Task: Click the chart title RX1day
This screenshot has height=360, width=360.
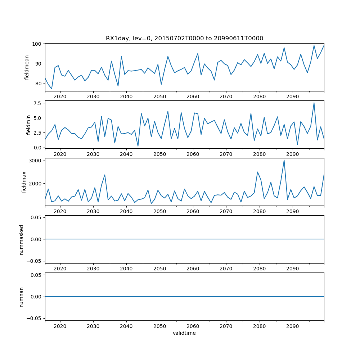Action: pos(184,39)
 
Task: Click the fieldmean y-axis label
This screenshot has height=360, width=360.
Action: pos(27,68)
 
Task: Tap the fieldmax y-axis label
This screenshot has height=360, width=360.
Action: pos(24,182)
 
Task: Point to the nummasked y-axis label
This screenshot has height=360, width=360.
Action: pos(22,239)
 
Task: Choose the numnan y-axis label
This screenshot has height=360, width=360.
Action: pos(22,296)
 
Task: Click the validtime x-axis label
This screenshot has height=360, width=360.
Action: pos(184,333)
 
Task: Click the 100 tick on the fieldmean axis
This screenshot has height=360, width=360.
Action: pos(38,44)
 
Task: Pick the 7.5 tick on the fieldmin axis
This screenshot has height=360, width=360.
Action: pos(38,103)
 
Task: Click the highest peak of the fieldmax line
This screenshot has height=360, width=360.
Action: pos(284,160)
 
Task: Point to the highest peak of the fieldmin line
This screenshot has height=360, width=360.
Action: pos(314,103)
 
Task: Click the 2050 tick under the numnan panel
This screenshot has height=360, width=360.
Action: pos(159,326)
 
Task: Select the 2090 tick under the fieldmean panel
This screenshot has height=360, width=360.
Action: pos(292,97)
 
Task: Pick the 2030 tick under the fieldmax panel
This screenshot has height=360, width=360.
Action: pos(93,211)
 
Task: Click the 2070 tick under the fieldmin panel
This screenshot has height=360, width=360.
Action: pos(226,154)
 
